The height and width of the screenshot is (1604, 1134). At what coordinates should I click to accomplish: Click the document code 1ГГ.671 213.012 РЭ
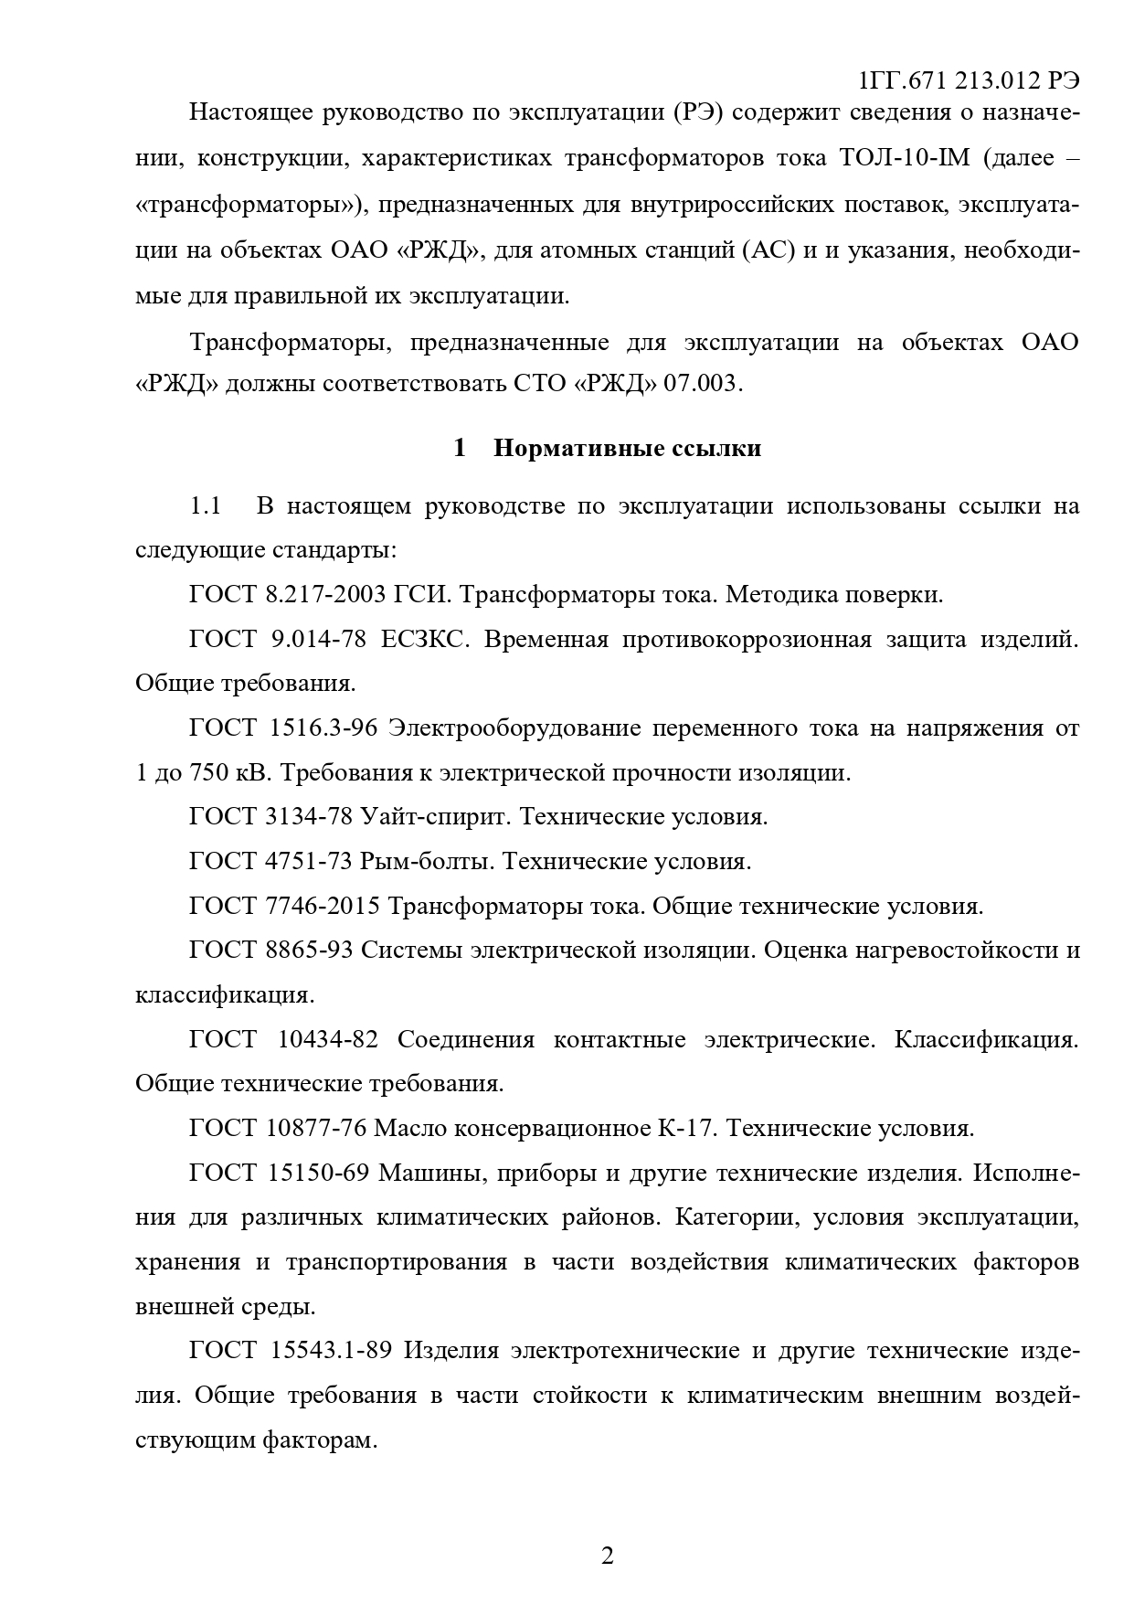coord(970,80)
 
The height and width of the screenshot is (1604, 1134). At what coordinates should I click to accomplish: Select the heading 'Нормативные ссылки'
coord(627,448)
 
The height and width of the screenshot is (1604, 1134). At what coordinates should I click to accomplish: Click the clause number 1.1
coord(206,505)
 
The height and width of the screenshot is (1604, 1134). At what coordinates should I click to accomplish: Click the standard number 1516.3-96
coord(323,728)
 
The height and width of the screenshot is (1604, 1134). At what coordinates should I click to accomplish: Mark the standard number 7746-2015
coord(322,906)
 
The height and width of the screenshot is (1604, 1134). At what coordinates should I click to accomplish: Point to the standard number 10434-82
coord(325,1039)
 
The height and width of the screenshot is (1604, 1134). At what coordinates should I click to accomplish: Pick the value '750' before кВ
coord(208,772)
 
